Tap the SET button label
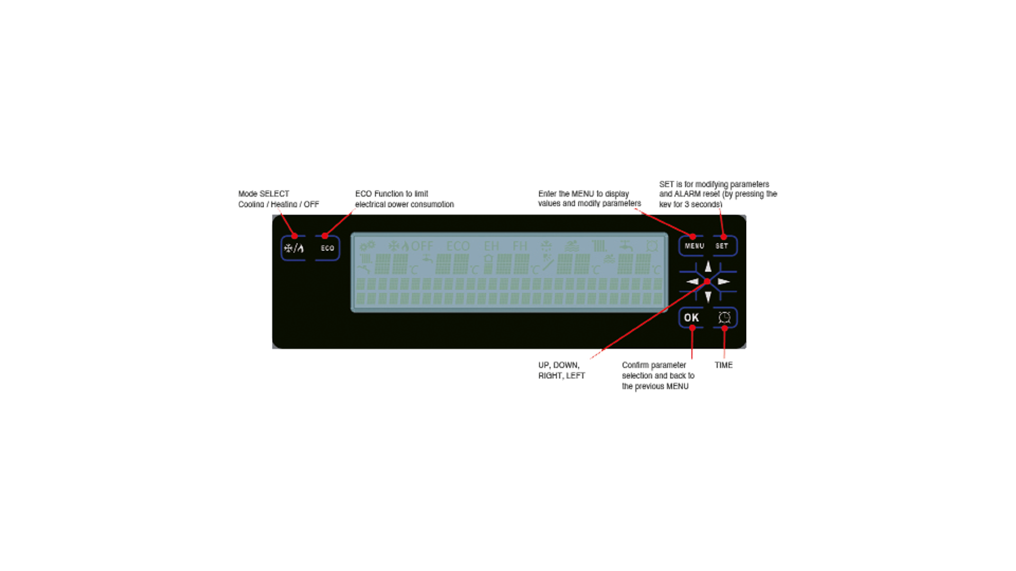tap(722, 246)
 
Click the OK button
tap(691, 317)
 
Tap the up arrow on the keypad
tap(708, 266)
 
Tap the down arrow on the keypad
tap(708, 297)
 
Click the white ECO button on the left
tap(327, 248)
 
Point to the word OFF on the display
tap(422, 246)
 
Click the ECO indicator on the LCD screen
tap(458, 246)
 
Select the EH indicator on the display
tap(491, 246)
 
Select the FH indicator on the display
tap(520, 246)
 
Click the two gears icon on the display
tap(367, 246)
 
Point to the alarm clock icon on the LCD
tap(652, 246)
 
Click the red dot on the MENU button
tap(693, 236)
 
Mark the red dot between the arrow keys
tap(707, 282)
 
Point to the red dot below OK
tap(692, 328)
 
